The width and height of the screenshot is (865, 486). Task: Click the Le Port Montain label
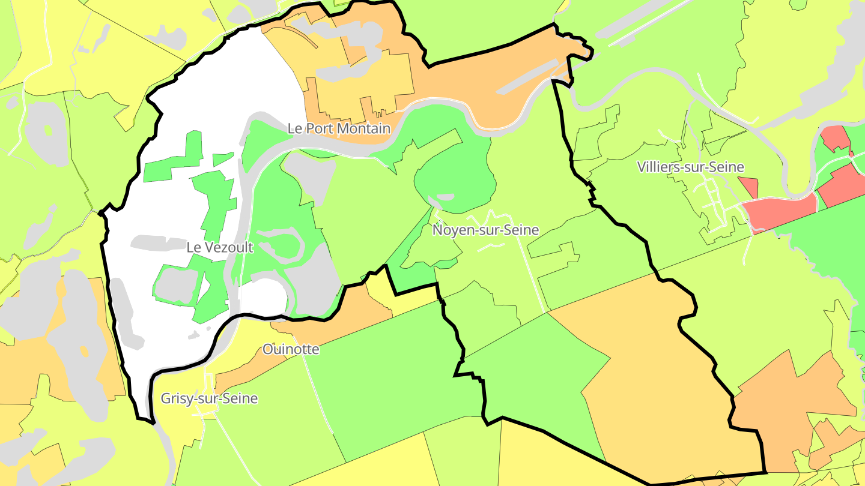pos(339,128)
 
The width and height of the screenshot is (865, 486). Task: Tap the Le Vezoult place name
pos(220,247)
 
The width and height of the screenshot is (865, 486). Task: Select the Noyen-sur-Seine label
pos(485,230)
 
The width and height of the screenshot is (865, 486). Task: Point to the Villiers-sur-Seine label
pos(691,167)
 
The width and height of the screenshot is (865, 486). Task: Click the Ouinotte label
pos(291,349)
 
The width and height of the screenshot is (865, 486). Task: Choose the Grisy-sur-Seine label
pos(209,398)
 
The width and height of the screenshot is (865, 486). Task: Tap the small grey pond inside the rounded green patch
pos(445,197)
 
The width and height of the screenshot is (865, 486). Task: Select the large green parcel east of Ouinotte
pos(384,372)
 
